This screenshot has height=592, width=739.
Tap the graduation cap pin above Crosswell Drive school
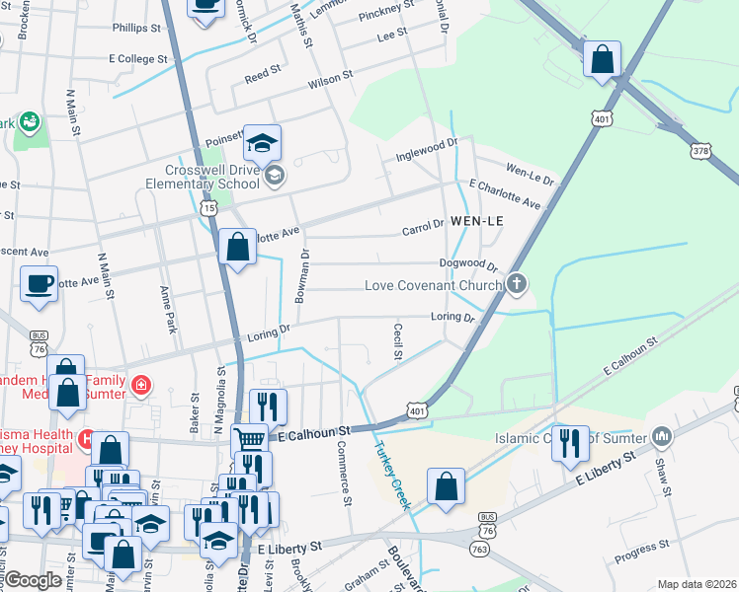pos(262,144)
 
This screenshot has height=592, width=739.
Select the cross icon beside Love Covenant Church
pos(516,285)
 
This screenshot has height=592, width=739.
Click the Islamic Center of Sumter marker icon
pos(662,435)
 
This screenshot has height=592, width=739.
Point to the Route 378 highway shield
pos(700,150)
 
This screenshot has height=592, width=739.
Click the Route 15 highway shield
pos(207,207)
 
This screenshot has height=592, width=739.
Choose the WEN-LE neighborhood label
pos(476,222)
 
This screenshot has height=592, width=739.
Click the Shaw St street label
pos(664,481)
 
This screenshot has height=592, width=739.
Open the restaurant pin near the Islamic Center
pos(570,445)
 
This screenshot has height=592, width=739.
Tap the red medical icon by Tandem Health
pos(141,383)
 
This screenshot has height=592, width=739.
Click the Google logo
pos(33,580)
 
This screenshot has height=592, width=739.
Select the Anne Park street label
pos(165,307)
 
